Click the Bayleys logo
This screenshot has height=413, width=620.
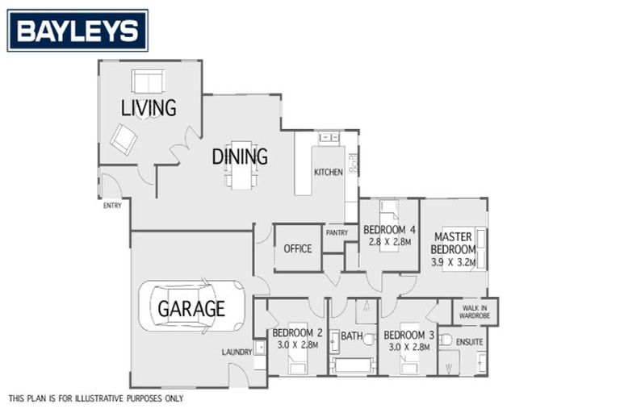click(x=77, y=31)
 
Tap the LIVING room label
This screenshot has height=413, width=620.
click(x=149, y=108)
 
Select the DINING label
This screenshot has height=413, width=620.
click(x=240, y=156)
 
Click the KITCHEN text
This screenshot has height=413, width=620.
click(x=329, y=173)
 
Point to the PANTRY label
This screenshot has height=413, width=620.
click(x=337, y=233)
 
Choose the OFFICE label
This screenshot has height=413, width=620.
click(x=297, y=248)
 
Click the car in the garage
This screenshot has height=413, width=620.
click(x=191, y=307)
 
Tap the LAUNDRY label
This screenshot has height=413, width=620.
click(x=237, y=352)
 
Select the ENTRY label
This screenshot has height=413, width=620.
click(x=112, y=206)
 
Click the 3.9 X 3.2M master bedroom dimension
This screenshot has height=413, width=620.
click(x=454, y=262)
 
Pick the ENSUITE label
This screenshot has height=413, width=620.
click(x=469, y=342)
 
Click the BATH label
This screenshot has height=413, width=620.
click(x=351, y=336)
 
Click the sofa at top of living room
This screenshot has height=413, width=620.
click(x=148, y=81)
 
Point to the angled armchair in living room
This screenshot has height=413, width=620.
click(x=124, y=139)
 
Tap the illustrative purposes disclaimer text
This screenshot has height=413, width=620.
click(x=96, y=398)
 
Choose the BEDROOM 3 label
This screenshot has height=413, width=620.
click(x=409, y=335)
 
